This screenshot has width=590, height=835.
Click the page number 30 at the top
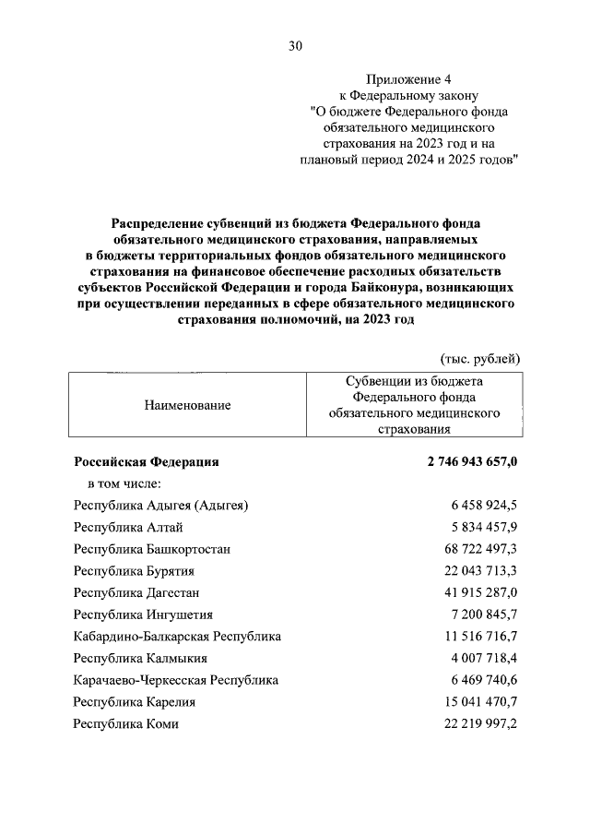pos(295,45)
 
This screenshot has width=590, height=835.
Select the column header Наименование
pos(188,404)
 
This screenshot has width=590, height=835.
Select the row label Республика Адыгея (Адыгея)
pos(161,505)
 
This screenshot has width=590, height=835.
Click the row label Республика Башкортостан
pos(151,549)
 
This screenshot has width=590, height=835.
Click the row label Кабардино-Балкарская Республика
pos(177,637)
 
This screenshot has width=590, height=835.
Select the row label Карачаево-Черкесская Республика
pos(176,681)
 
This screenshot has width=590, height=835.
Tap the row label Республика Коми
pos(126,724)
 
